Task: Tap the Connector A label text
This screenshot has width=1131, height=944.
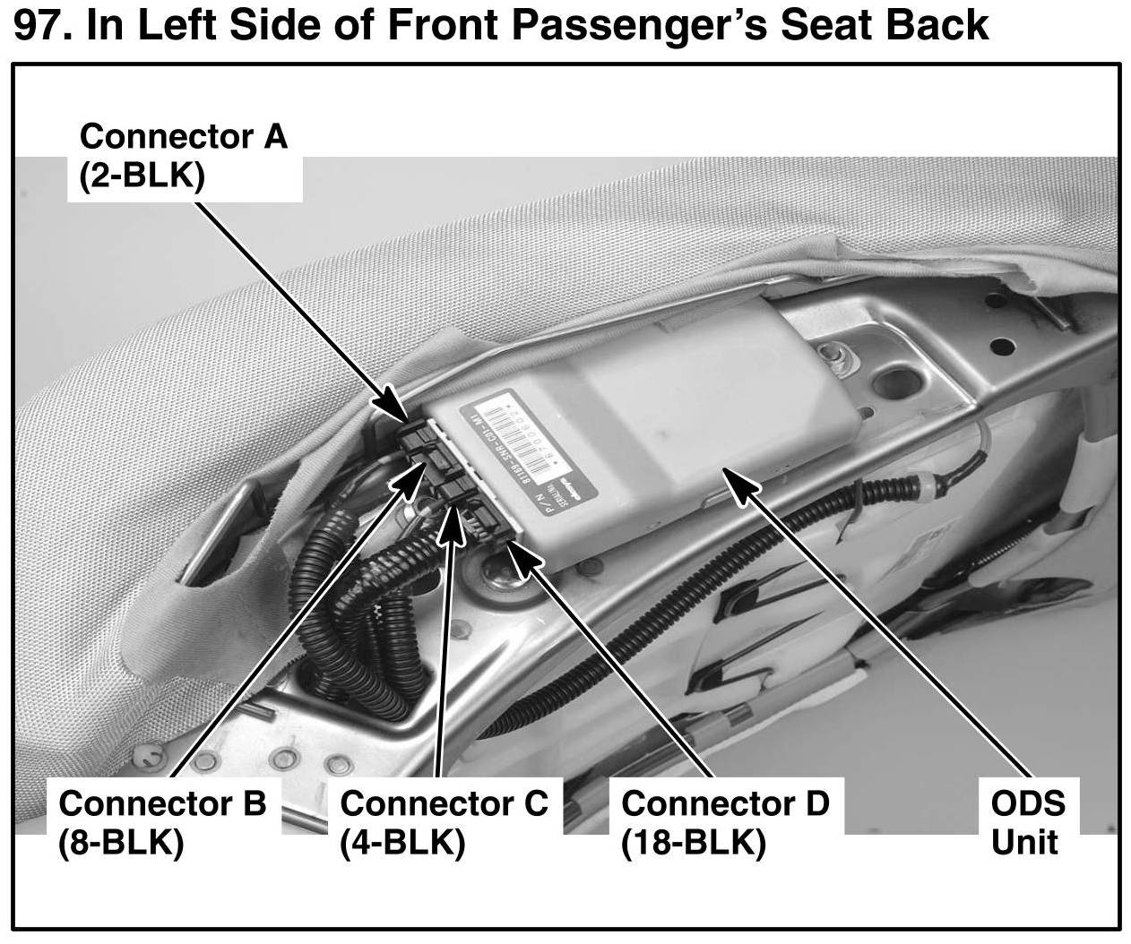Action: coord(183,136)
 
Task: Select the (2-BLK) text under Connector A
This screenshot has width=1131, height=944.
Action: coord(142,176)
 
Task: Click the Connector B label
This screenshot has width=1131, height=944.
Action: coord(162,802)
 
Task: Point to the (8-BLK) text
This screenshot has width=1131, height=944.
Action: coord(121,843)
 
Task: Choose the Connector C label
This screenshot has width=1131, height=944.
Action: coord(444,802)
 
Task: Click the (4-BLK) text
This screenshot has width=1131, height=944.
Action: coord(402,843)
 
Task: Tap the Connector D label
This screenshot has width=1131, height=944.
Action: coord(725,802)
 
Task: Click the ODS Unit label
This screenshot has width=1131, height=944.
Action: coord(1027,822)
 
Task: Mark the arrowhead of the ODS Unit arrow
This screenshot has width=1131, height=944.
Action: coord(738,479)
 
